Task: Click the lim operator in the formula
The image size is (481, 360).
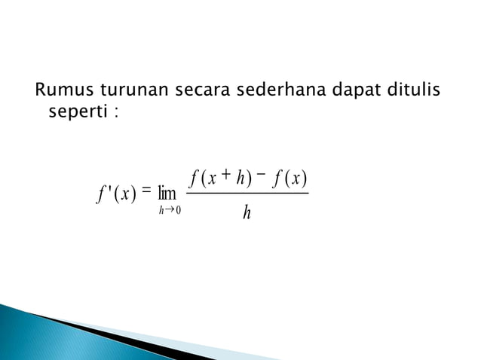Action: click(167, 194)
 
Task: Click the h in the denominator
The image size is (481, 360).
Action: click(247, 215)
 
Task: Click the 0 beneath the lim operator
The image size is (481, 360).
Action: click(177, 210)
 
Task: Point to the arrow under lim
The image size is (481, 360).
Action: click(170, 210)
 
